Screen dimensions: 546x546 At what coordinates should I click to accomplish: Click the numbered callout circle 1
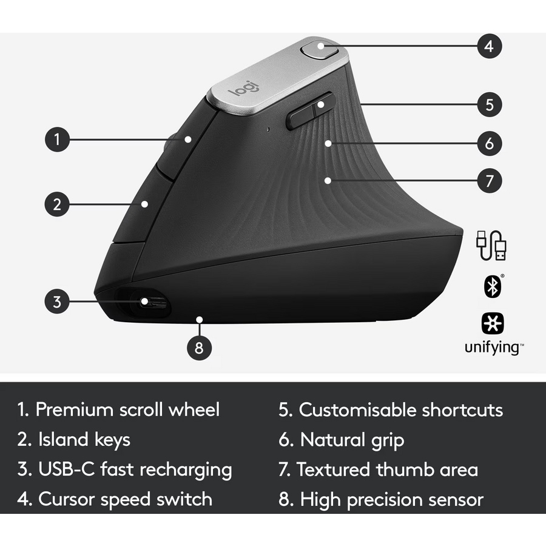[x=58, y=140]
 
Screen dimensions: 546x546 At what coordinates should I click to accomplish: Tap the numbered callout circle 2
[x=57, y=204]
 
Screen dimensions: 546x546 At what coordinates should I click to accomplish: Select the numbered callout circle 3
[x=57, y=301]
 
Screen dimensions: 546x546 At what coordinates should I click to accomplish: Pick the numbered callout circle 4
[x=489, y=46]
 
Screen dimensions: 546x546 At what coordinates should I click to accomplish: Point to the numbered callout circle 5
[x=489, y=104]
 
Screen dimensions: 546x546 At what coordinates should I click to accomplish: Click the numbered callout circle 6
[x=489, y=143]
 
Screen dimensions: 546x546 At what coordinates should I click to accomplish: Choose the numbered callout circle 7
[x=489, y=181]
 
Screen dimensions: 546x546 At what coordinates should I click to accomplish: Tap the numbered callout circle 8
[x=199, y=348]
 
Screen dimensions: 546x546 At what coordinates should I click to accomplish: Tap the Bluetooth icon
[x=493, y=286]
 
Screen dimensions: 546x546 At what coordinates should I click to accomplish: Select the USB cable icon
[x=491, y=246]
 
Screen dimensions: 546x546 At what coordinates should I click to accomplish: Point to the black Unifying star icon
[x=493, y=323]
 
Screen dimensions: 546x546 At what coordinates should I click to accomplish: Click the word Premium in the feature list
[x=74, y=409]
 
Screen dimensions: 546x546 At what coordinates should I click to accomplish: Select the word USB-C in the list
[x=67, y=469]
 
